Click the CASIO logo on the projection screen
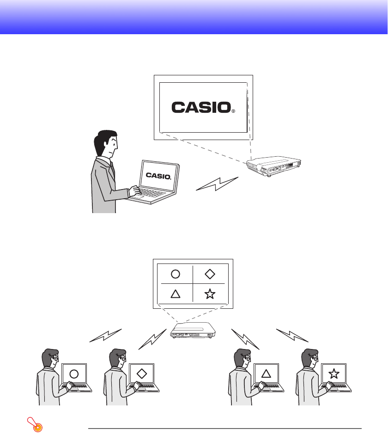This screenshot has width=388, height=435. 200,108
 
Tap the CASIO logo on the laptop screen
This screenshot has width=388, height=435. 158,175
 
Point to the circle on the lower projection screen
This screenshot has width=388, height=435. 175,274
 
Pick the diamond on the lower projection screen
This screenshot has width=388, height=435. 210,274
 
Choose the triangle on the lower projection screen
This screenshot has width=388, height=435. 175,294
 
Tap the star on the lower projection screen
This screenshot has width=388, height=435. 210,294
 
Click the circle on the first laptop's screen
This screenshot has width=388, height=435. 74,374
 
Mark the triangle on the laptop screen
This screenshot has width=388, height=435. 266,374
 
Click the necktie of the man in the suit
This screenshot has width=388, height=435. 112,169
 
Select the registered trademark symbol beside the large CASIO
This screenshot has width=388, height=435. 233,111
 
